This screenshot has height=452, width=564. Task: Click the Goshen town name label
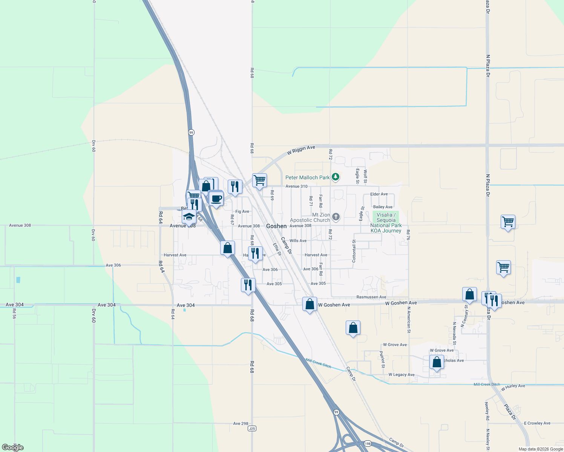276,226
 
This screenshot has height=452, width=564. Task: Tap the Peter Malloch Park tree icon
336,177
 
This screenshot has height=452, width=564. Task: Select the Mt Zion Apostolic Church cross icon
336,217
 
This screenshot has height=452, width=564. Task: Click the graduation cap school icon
189,217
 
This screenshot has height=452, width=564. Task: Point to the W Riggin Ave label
301,150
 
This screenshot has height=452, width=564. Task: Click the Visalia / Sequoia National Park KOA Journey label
386,223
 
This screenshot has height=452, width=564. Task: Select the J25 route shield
252,429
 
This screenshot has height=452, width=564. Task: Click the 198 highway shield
368,444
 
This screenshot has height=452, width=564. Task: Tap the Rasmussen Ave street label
371,297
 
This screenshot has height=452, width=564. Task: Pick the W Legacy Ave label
402,375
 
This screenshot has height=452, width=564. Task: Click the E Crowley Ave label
537,423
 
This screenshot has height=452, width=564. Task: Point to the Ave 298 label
241,423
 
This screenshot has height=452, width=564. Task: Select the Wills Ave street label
298,241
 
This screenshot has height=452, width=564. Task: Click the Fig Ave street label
242,212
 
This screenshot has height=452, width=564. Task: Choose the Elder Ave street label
379,194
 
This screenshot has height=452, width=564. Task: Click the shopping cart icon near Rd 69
259,180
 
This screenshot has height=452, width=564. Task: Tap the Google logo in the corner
13,447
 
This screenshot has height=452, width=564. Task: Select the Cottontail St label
354,251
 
